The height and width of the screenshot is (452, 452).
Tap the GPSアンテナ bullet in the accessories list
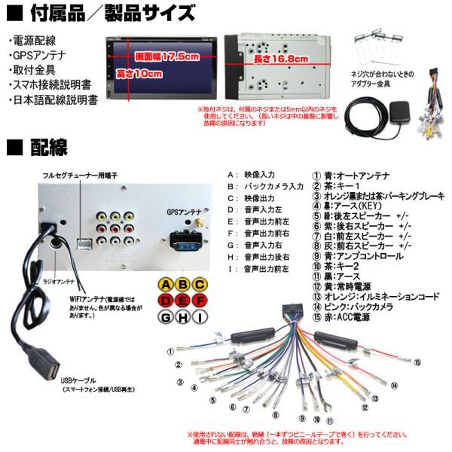(34, 55)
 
